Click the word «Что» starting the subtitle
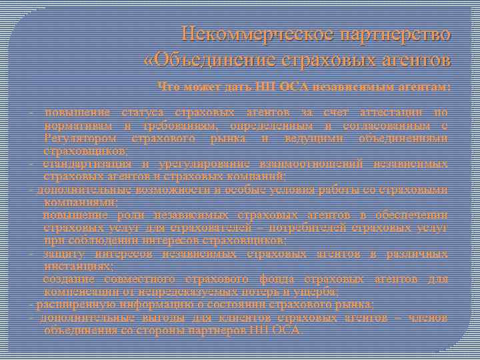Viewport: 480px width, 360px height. click(167, 87)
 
